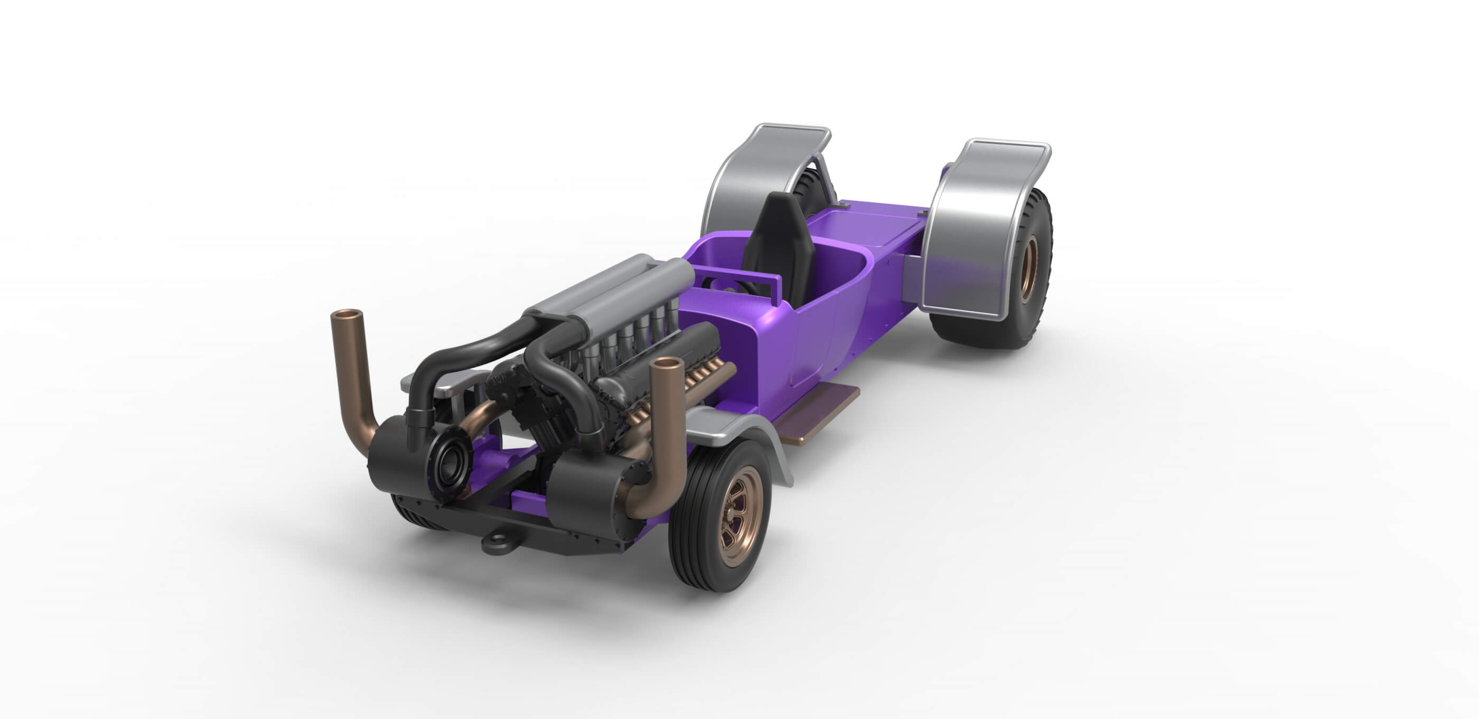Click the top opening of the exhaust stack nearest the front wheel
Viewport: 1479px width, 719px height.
coord(666,363)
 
